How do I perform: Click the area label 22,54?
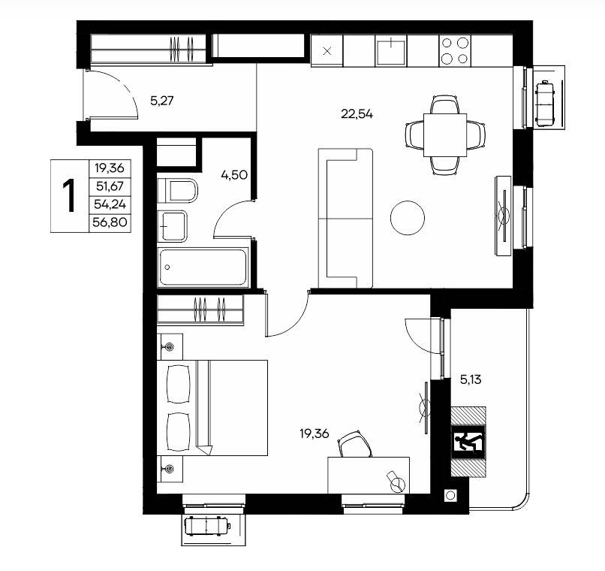pos(357,114)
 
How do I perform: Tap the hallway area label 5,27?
pos(161,101)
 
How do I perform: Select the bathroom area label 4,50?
pos(234,175)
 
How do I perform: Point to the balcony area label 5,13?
pos(471,380)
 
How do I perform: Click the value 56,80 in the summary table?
pos(110,222)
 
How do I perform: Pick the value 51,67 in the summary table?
pos(110,186)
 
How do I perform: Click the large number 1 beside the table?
pos(70,195)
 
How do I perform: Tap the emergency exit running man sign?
pos(468,442)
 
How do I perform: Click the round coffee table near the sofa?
pos(408,218)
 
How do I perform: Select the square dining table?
pos(445,134)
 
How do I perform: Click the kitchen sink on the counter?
pos(391,51)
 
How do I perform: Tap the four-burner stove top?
pos(455,51)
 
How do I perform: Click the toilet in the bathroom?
pos(177,190)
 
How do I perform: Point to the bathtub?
pos(203,267)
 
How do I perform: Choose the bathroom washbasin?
pos(173,226)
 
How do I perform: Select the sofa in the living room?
pos(345,218)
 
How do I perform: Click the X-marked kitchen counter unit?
pos(327,51)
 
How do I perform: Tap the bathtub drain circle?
pos(167,267)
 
